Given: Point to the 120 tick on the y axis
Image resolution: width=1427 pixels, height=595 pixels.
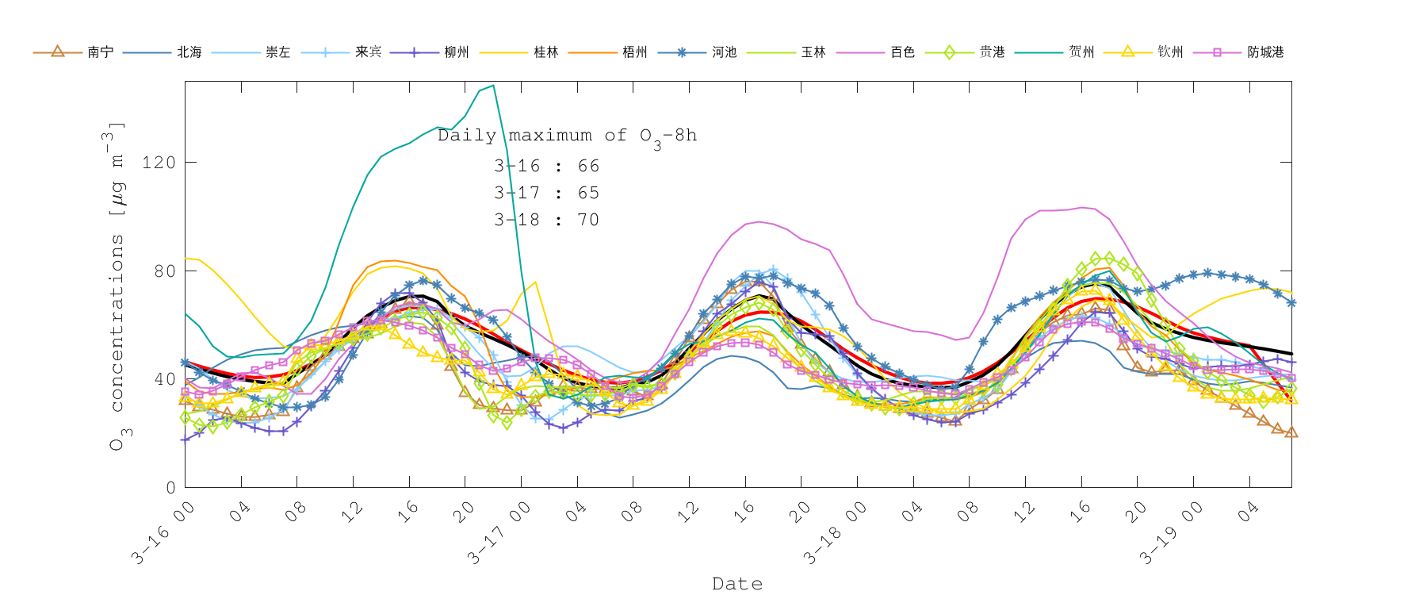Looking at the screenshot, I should (159, 163).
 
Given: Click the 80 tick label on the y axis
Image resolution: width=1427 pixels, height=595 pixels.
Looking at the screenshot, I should (164, 271).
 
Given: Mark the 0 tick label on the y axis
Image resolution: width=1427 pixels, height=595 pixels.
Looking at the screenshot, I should (170, 488).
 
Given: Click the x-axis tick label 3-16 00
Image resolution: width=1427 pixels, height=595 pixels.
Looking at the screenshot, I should (163, 533).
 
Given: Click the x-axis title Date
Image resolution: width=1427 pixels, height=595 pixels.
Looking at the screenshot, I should (737, 584).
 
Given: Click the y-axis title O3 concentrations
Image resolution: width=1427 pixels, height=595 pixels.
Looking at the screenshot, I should (117, 286).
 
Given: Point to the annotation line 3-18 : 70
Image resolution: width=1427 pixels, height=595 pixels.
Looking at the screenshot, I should (546, 220).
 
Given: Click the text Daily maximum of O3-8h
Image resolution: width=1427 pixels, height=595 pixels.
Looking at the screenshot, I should (567, 136).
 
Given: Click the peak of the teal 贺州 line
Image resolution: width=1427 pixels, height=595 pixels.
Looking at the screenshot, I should (493, 86).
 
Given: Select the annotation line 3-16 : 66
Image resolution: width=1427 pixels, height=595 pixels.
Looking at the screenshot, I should (546, 166).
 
